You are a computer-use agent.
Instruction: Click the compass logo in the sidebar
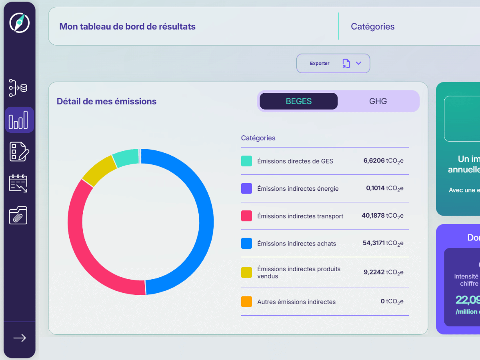pos(19,23)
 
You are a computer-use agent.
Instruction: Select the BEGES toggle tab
pos(298,101)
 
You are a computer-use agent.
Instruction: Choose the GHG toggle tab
pos(378,101)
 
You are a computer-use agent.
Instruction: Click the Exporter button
pos(333,64)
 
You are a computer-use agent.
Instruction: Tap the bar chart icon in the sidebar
pos(19,120)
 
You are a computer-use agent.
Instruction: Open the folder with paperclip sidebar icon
pos(18,215)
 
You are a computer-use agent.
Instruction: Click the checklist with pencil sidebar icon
pos(19,152)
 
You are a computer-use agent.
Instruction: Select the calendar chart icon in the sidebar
pos(18,184)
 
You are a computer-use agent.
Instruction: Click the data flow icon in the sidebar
pos(18,88)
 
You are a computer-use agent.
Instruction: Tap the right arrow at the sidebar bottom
pos(19,338)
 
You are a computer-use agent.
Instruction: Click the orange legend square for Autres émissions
pos(246,302)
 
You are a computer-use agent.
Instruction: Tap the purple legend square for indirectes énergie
pos(246,188)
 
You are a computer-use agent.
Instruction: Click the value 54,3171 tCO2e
pos(383,243)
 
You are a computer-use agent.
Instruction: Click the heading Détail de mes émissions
pos(106,102)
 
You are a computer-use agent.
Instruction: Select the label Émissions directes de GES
pos(295,161)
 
